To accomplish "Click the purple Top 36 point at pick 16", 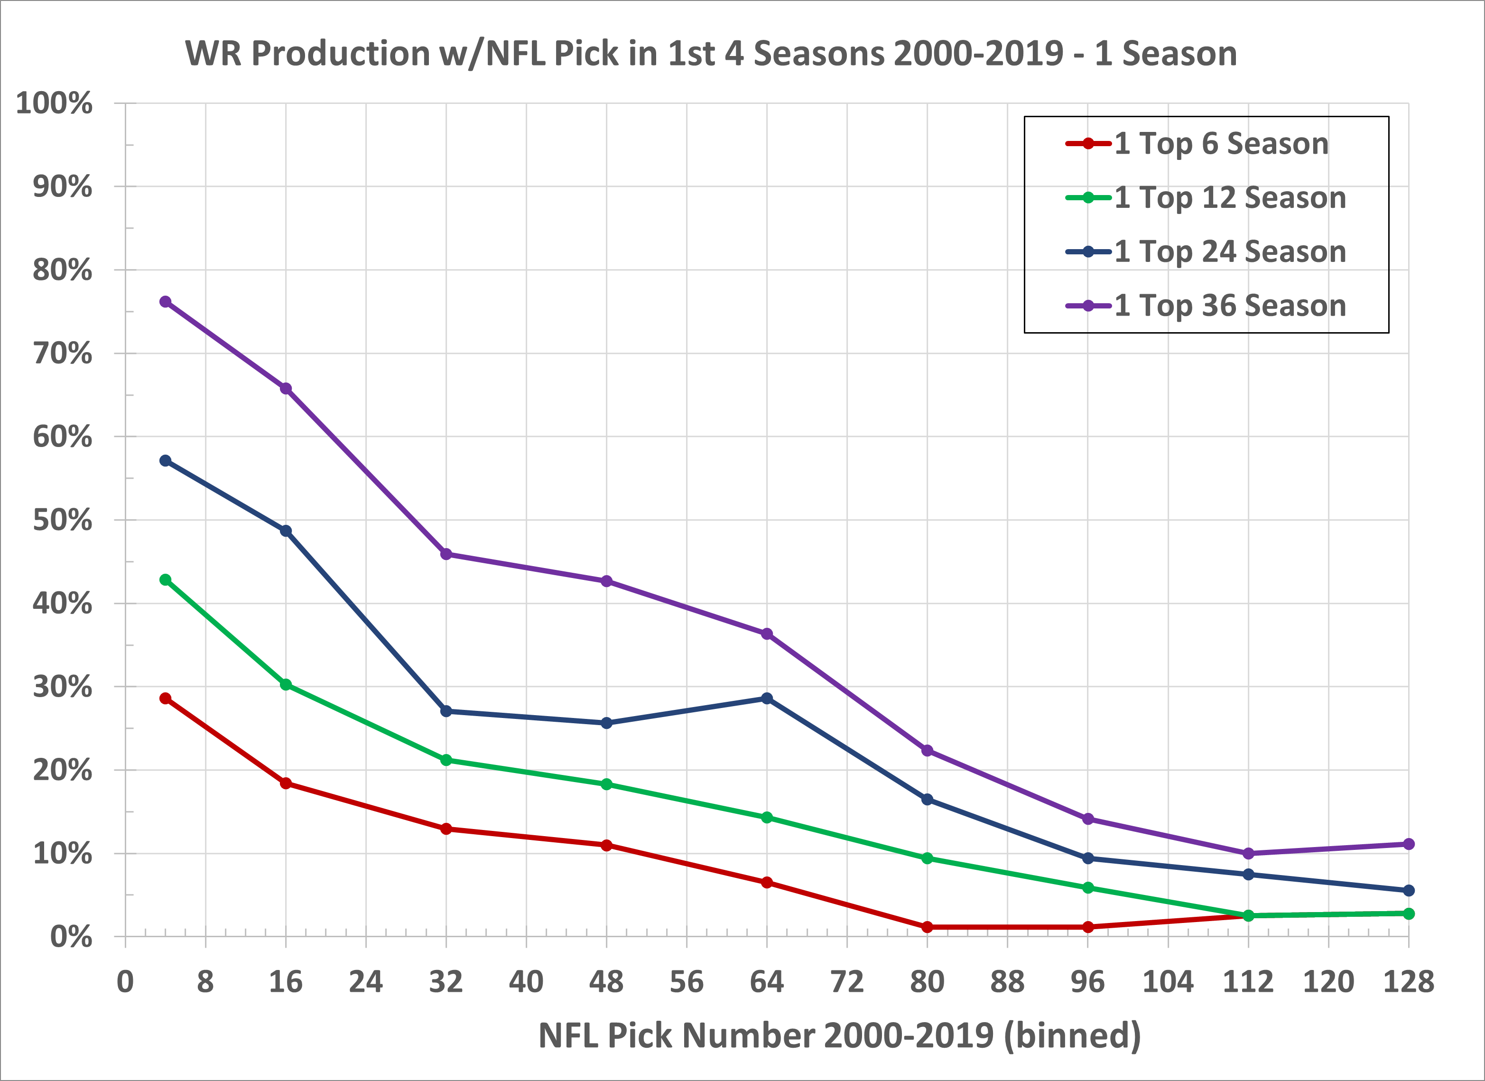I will [286, 388].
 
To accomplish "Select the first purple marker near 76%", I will [165, 302].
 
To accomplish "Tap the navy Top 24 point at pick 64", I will [767, 699].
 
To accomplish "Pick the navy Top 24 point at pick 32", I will [446, 711].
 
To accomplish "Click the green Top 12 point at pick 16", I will [286, 684].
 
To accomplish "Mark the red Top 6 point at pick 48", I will [606, 845].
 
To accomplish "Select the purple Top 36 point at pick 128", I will [1409, 844].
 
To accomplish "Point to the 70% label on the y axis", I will [62, 354].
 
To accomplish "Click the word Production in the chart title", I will [341, 54].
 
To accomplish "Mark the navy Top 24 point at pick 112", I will [1248, 874].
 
